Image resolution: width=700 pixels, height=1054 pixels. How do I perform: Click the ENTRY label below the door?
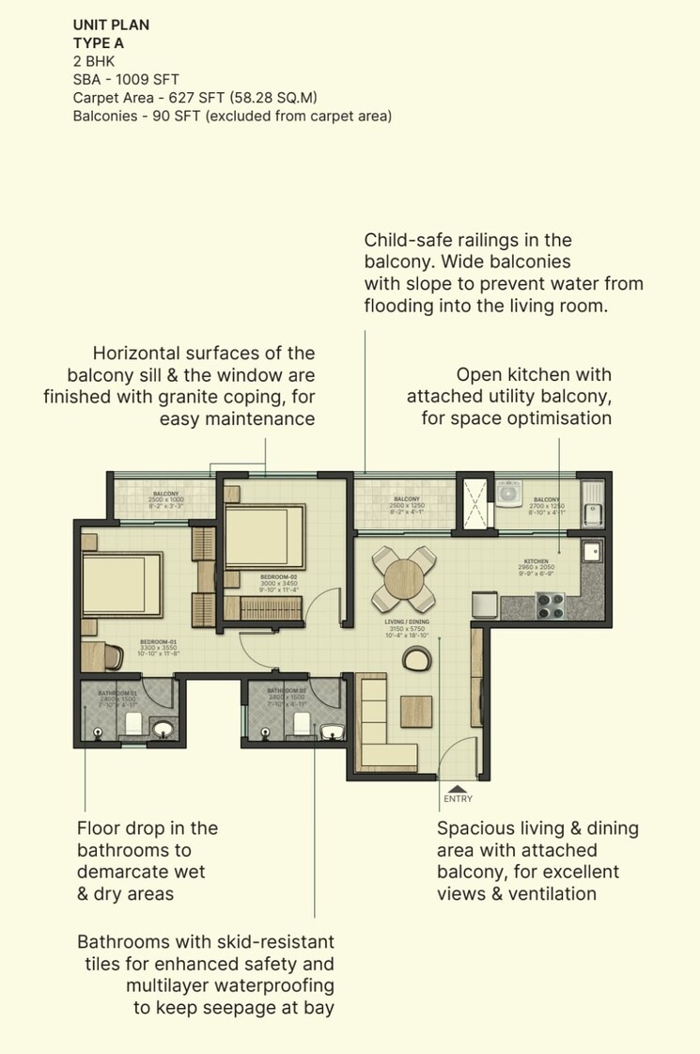coord(458,799)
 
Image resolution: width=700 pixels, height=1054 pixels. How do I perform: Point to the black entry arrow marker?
coord(457,787)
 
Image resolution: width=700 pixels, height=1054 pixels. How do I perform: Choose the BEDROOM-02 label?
coord(279,576)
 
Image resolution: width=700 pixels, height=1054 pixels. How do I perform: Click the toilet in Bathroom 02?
coord(303,722)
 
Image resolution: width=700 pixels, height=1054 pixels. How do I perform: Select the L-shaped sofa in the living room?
coord(381,729)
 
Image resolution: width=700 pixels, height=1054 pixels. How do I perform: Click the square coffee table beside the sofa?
coord(415,711)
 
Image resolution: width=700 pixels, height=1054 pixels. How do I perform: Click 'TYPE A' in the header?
coord(101,42)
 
